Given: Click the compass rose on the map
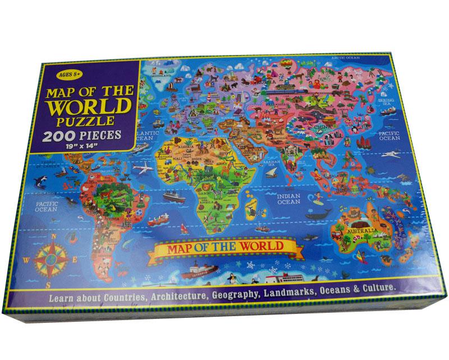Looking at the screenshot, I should click(x=49, y=258).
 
